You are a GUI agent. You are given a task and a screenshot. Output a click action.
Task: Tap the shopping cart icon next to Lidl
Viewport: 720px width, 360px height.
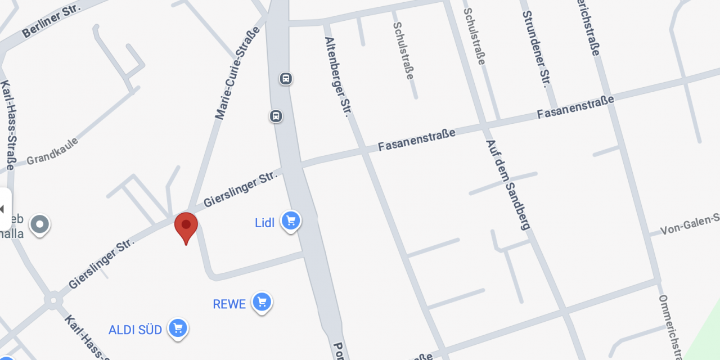290,220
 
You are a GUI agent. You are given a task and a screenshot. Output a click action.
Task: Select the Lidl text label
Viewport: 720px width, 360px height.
265,223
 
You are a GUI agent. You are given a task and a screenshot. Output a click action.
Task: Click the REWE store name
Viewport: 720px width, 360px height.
229,304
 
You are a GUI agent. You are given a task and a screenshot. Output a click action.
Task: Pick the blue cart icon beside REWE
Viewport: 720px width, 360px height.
262,302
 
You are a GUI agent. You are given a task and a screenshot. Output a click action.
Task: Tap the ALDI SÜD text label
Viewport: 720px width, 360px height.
136,330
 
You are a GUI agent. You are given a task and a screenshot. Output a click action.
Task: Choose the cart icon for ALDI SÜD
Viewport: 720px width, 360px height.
178,327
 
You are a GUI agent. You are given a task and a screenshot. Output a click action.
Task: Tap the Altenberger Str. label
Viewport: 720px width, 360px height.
337,76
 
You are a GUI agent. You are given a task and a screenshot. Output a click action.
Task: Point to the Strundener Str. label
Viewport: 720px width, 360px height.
535,49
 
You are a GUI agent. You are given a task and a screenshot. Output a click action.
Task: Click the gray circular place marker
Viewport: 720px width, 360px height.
39,225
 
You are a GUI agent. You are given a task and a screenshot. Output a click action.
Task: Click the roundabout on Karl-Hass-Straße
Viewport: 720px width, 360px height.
53,300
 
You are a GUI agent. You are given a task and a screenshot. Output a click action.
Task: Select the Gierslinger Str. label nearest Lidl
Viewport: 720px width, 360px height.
241,189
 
